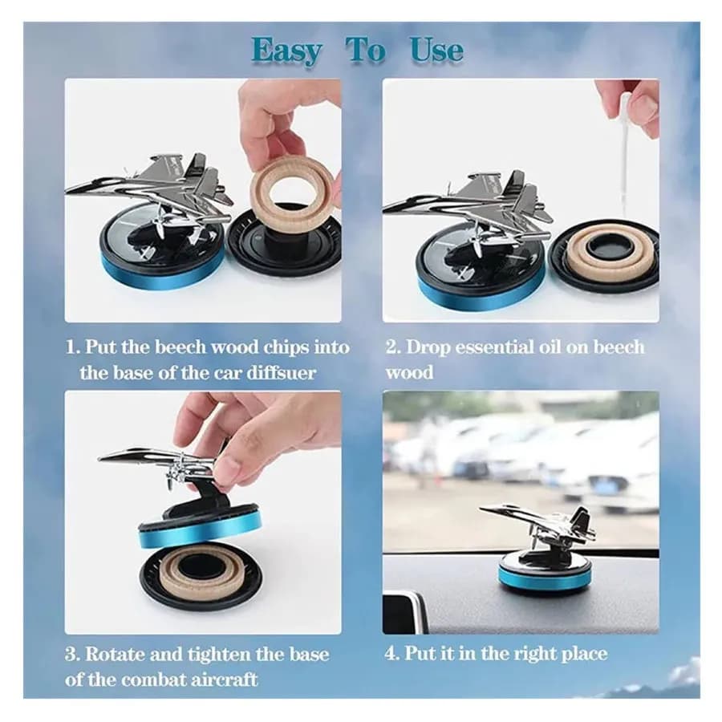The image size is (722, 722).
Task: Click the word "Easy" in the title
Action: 286,51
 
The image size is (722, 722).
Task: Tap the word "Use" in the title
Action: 436,51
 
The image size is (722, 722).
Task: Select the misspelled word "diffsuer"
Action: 282,372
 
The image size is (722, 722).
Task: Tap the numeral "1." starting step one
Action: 73,347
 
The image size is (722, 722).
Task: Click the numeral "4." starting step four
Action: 393,655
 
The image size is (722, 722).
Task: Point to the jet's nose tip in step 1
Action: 67,190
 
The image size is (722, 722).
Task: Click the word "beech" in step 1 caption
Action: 180,347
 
